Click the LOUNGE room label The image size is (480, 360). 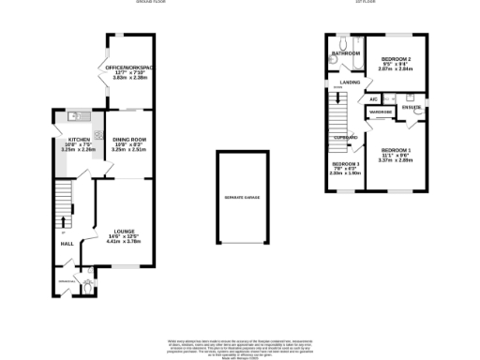(125, 230)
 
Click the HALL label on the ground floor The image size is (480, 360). (67, 244)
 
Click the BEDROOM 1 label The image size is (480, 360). (397, 149)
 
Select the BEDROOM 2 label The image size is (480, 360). (397, 58)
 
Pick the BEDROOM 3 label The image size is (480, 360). (346, 163)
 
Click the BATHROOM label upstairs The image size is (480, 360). (346, 54)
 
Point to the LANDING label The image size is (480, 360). (350, 83)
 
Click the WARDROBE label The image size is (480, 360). (381, 112)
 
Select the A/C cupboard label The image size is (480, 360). (373, 98)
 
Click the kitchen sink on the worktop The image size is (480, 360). (75, 117)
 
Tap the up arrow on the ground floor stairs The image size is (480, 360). (64, 222)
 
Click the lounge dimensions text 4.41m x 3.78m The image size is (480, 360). (125, 241)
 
